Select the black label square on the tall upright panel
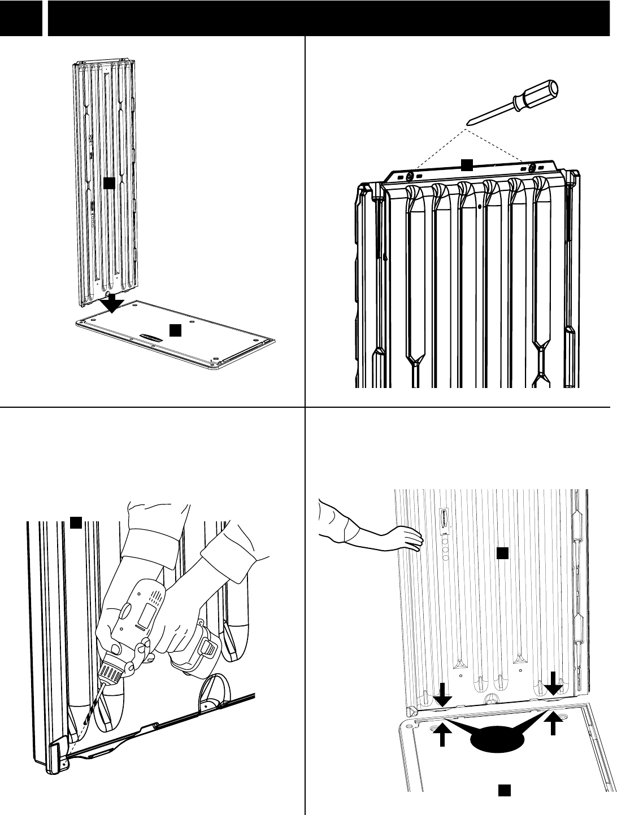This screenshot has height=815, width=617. tap(109, 182)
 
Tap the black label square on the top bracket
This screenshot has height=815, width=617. tap(466, 164)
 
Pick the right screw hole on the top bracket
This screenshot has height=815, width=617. tap(532, 168)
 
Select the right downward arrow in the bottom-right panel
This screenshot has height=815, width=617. tap(553, 683)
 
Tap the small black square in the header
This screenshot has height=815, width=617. tap(21, 18)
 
